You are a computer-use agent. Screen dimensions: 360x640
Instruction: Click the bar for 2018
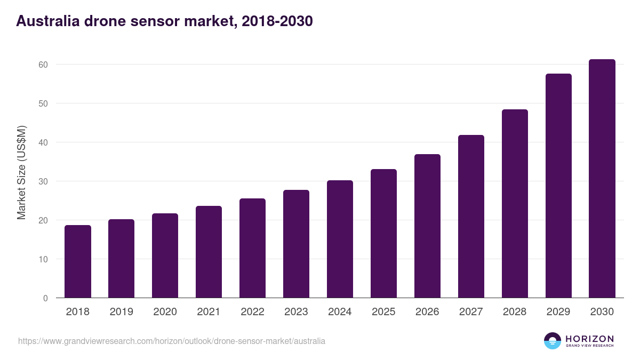coord(78,261)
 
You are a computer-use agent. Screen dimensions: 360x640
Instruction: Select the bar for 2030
coord(602,179)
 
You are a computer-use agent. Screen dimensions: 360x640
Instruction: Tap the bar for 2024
coord(340,239)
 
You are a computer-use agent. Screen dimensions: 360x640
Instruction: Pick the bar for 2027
coord(471,217)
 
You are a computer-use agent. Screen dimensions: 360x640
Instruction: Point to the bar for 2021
coord(209,252)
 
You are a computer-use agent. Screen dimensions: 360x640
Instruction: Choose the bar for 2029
coord(558,186)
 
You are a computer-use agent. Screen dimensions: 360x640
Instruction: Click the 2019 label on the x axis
coord(122,312)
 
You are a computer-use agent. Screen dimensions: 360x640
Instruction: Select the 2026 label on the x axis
coord(427,312)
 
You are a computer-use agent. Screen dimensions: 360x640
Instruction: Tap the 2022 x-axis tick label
coord(252,312)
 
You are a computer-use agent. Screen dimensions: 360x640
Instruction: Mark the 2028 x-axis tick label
coord(515,312)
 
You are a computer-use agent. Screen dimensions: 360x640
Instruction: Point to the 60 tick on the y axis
coord(43,65)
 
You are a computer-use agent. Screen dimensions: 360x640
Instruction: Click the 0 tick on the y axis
coord(45,298)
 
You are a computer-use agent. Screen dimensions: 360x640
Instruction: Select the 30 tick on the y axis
coord(43,181)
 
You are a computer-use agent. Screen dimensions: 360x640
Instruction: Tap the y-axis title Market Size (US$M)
coord(21,172)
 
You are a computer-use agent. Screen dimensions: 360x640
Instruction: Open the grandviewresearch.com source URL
coord(171,341)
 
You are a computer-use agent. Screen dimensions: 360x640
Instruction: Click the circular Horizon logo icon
coord(553,341)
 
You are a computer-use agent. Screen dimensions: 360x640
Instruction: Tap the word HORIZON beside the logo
coord(589,339)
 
